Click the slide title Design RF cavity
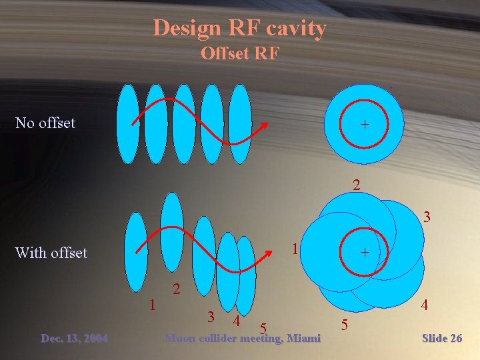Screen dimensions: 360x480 (239, 28)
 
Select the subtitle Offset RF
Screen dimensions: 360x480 (239, 53)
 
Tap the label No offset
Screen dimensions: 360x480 (45, 123)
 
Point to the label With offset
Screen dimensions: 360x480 (51, 253)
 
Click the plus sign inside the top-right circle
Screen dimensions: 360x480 (365, 124)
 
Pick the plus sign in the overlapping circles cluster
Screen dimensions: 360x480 (365, 253)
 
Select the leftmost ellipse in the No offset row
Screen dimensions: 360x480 (127, 124)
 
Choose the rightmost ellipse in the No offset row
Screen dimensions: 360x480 (240, 124)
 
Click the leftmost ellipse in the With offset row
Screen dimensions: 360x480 (137, 252)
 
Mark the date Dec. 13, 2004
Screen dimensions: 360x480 (74, 339)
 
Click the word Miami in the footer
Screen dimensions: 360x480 (303, 339)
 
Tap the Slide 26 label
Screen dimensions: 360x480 (442, 339)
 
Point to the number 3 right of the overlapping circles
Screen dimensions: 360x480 (427, 217)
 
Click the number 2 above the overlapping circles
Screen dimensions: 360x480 (357, 185)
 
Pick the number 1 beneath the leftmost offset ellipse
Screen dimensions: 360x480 (153, 305)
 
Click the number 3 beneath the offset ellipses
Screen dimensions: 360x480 (210, 317)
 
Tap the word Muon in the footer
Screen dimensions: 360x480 (180, 339)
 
